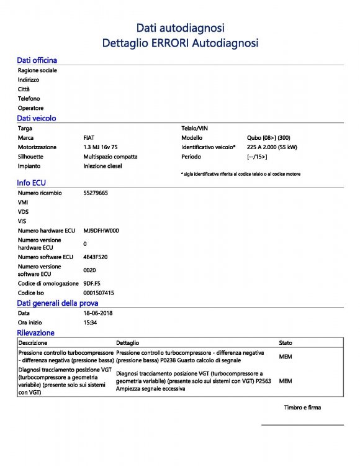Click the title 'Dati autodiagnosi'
[x=180, y=27]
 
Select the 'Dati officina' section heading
[x=37, y=60]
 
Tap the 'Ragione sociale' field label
[x=37, y=71]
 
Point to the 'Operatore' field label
[x=30, y=108]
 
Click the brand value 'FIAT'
[x=89, y=137]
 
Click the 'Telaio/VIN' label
[x=196, y=128]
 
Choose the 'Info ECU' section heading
[x=32, y=183]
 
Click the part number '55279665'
[x=96, y=193]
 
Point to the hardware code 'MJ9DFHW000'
[x=101, y=231]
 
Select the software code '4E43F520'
[x=97, y=257]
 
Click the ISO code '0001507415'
[x=99, y=293]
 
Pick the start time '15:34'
[x=90, y=323]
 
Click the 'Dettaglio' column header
[x=128, y=343]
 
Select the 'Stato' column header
[x=286, y=343]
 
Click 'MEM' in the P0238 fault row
[x=286, y=357]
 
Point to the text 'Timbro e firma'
[x=302, y=408]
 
